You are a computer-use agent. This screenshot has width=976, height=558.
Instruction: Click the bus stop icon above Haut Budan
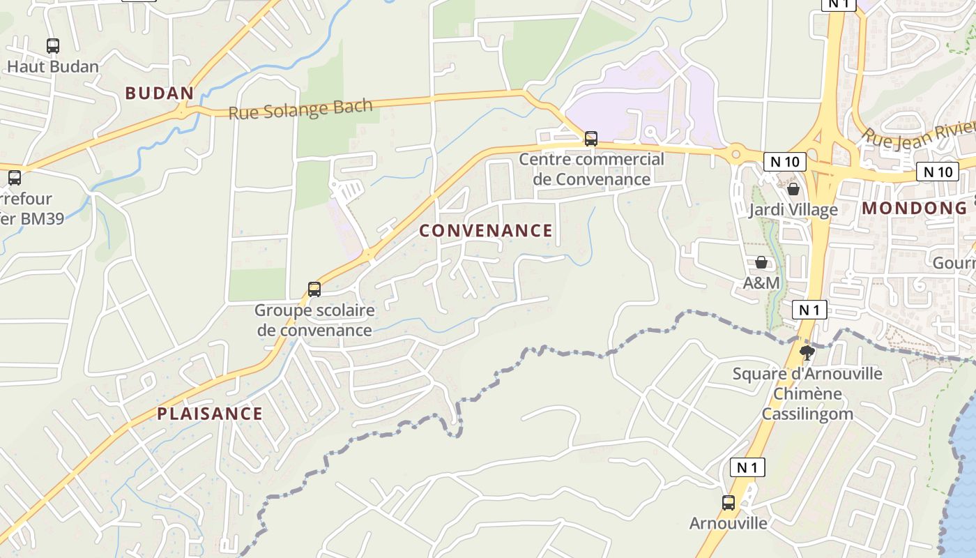point(53,46)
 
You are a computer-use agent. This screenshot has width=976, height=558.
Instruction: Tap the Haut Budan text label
point(53,67)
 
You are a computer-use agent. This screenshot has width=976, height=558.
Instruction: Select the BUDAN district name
point(159,93)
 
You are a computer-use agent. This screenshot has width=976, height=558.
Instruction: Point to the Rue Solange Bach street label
point(300,109)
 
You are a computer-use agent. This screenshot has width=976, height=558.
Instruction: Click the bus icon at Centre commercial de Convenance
point(591,139)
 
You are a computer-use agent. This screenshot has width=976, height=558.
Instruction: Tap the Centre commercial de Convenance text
point(591,169)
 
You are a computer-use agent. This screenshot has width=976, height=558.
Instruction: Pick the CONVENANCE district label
point(486,230)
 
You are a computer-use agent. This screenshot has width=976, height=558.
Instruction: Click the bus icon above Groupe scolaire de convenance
point(314,289)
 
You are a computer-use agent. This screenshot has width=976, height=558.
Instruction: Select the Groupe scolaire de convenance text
point(314,319)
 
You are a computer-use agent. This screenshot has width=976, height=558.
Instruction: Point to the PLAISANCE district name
point(209,414)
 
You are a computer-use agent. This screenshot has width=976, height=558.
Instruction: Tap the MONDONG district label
point(915,208)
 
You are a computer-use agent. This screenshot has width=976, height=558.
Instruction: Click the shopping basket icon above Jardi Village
point(793,189)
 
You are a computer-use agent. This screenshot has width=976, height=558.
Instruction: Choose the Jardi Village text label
point(793,210)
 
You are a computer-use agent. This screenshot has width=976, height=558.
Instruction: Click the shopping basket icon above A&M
point(761,262)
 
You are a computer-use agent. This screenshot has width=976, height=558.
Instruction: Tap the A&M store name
point(761,282)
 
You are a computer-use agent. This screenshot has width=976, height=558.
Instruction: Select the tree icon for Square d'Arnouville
point(807,352)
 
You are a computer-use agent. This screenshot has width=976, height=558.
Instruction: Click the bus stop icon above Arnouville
point(729,502)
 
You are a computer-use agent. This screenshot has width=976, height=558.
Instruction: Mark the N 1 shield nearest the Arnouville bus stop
point(747,467)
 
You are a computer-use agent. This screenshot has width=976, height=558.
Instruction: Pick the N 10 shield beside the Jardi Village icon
point(784,162)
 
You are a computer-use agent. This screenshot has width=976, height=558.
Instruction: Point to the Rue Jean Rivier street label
point(917,136)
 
